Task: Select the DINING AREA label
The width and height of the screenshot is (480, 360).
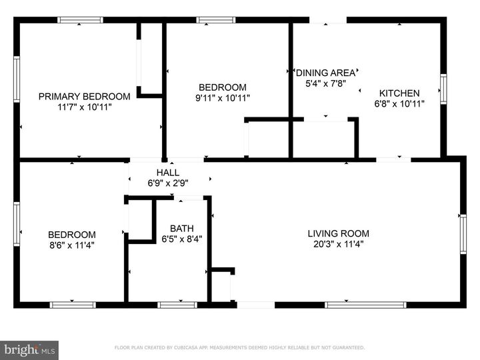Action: click(x=326, y=73)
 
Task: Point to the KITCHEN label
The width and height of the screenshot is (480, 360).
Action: click(x=399, y=93)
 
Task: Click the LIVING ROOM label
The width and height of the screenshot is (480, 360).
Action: click(x=338, y=233)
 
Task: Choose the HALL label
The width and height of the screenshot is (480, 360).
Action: click(x=167, y=172)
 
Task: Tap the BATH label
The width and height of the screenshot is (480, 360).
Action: click(x=181, y=228)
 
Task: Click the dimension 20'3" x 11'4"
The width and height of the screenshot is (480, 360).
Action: click(x=338, y=244)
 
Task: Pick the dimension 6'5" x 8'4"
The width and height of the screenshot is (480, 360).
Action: click(x=181, y=239)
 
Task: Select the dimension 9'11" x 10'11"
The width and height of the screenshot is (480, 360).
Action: click(x=223, y=97)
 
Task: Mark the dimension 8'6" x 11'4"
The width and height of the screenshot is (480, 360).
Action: click(x=71, y=245)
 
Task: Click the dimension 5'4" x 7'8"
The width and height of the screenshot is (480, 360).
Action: click(x=326, y=84)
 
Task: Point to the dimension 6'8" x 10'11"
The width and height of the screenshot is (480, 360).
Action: click(x=399, y=103)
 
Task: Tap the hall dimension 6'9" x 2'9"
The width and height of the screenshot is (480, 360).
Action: click(x=167, y=183)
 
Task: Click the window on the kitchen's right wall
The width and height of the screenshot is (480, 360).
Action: click(x=443, y=89)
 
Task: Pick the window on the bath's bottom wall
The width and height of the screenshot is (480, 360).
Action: click(x=177, y=305)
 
